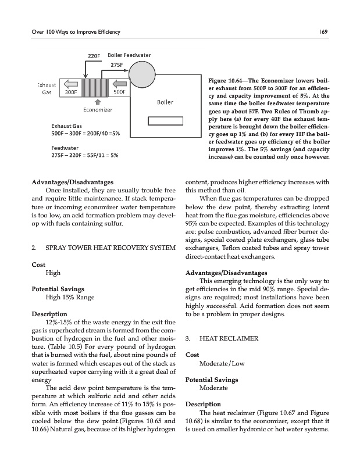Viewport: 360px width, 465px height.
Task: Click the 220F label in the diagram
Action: coord(94,56)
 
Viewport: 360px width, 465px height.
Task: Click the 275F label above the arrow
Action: coord(117,65)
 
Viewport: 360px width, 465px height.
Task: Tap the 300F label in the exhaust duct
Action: coord(72,91)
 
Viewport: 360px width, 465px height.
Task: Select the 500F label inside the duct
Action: coord(120,91)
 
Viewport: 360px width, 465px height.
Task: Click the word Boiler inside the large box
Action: coord(165,102)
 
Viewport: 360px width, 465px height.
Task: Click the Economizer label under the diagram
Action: coord(97,110)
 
